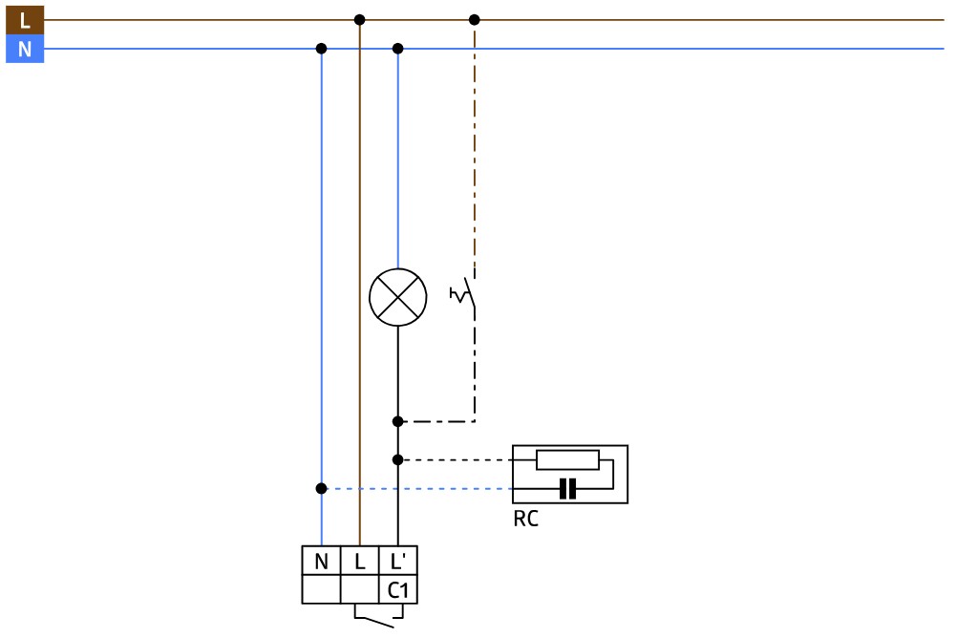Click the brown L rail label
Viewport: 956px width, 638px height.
[x=25, y=19]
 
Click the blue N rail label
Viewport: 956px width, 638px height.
[x=25, y=49]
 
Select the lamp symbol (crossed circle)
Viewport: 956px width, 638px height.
[x=397, y=297]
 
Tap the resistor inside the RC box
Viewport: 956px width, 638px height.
[x=567, y=459]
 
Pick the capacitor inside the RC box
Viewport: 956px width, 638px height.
[x=567, y=489]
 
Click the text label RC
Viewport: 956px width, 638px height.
[x=525, y=521]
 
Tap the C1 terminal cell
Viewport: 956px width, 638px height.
[x=398, y=590]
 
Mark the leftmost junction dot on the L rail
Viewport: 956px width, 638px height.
[x=359, y=19]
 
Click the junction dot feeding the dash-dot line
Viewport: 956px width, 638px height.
[x=475, y=19]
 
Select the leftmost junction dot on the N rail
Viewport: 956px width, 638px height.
[x=321, y=48]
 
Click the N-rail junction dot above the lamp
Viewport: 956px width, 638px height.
[x=397, y=48]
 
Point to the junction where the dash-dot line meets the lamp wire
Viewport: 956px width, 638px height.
[x=397, y=421]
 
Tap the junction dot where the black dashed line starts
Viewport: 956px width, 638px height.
[x=397, y=459]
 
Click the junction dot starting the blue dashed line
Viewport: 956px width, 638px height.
[x=321, y=488]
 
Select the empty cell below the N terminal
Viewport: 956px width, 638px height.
[x=321, y=590]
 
